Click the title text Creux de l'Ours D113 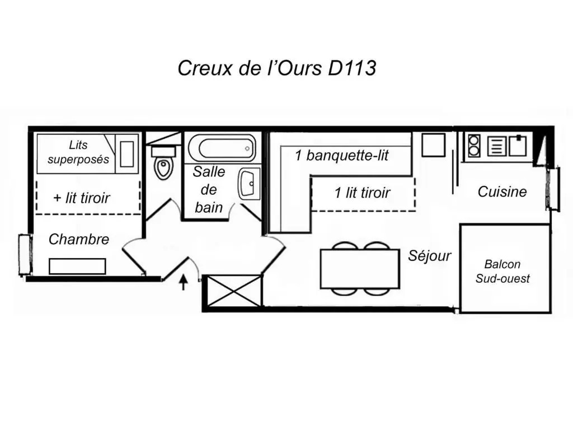click(x=276, y=68)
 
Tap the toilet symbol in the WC click(x=163, y=167)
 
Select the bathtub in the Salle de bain click(x=221, y=148)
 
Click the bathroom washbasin click(x=248, y=183)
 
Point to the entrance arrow click(x=183, y=282)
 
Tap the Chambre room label click(x=79, y=240)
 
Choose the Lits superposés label click(x=78, y=152)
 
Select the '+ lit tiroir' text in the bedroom click(x=82, y=198)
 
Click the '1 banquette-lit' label click(x=341, y=156)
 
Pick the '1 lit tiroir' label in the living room click(x=362, y=193)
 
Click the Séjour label click(x=429, y=256)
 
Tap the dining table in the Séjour click(x=360, y=269)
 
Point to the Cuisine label click(x=502, y=192)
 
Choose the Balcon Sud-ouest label click(x=502, y=271)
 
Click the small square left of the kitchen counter click(x=433, y=145)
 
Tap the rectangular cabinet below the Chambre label click(x=77, y=266)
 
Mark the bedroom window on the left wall click(x=24, y=255)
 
